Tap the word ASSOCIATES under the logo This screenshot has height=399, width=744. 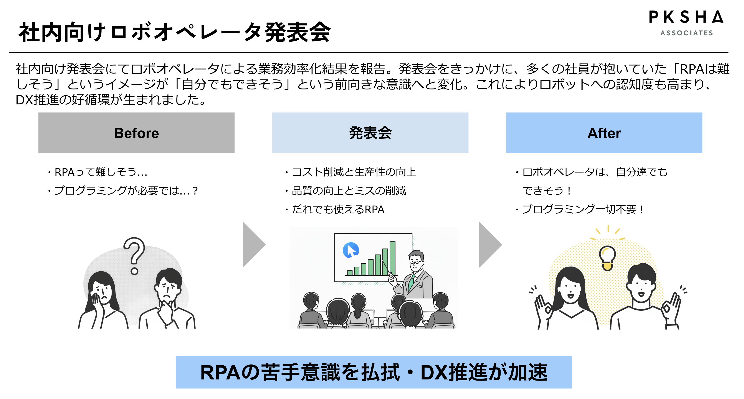click(686, 33)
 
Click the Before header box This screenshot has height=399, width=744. click(136, 133)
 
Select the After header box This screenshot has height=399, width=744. click(604, 133)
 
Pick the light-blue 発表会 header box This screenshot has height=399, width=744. click(370, 133)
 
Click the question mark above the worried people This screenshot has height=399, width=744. click(134, 254)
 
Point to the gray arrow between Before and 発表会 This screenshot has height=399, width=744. click(253, 245)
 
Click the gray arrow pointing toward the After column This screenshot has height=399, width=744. click(489, 245)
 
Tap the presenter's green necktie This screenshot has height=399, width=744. click(411, 283)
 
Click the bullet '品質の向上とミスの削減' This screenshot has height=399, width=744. click(349, 191)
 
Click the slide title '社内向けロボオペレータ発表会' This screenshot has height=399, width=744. click(175, 32)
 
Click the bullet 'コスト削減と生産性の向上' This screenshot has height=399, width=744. click(354, 172)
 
